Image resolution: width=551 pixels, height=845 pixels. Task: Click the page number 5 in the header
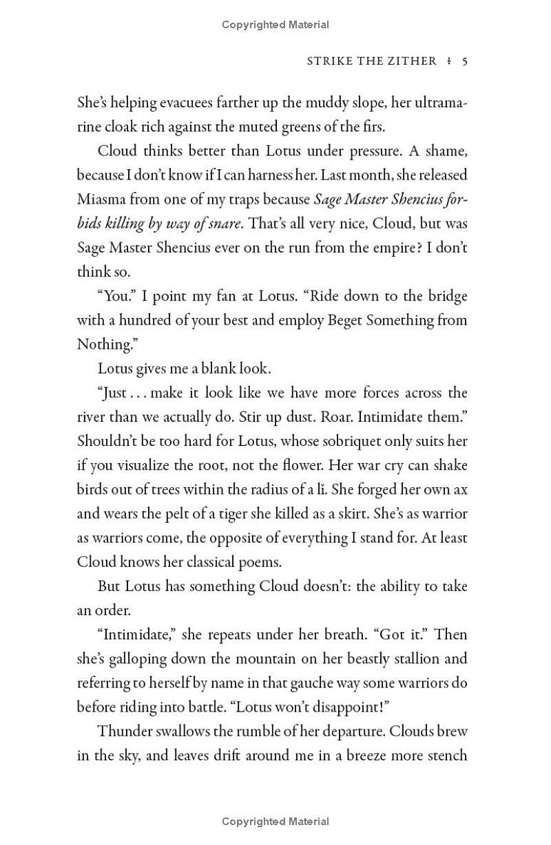(465, 61)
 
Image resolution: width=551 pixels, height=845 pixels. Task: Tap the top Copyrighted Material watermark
(275, 25)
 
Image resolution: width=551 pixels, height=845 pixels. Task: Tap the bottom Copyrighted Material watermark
(275, 821)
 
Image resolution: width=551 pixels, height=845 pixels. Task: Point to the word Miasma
(101, 200)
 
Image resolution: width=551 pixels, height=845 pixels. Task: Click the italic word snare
(225, 224)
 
